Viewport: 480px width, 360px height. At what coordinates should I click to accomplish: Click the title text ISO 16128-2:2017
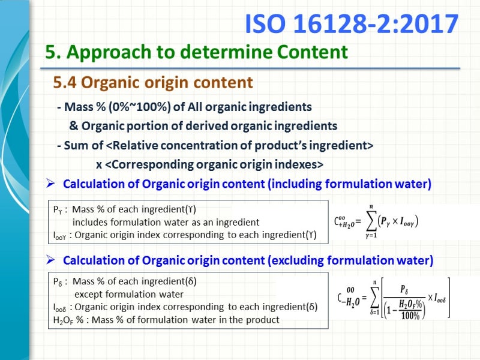tap(352, 25)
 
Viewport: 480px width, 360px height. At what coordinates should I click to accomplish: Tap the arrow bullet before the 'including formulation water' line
tap(51, 183)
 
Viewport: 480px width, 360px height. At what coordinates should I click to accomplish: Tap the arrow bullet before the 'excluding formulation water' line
tap(51, 260)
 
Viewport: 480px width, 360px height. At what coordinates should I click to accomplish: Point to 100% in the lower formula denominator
tap(411, 314)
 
